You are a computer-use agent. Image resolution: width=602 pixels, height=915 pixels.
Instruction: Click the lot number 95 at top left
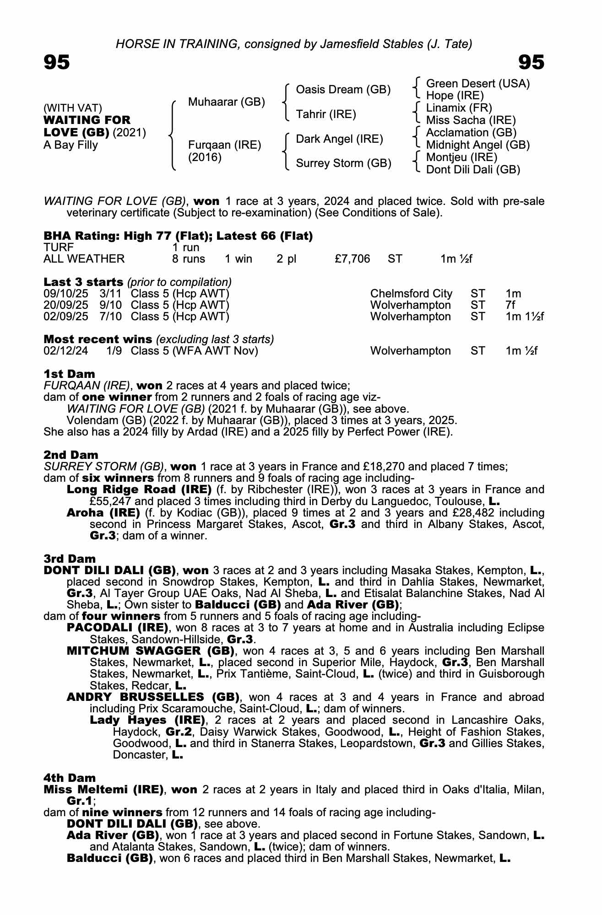[57, 62]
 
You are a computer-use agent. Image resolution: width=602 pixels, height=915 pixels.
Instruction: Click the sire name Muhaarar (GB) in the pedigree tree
[226, 102]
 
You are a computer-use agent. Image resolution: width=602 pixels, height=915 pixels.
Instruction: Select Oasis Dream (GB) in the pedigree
[343, 90]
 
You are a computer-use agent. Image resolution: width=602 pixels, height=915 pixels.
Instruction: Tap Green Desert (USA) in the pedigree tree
[477, 84]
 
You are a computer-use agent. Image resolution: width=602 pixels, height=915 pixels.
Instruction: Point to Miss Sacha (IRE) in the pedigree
[471, 120]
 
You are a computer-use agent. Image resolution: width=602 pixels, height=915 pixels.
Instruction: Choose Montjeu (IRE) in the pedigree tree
[461, 157]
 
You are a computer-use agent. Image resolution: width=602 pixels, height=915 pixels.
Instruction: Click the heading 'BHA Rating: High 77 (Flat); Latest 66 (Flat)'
[178, 236]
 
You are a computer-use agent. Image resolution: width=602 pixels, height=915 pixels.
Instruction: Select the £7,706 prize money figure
[352, 259]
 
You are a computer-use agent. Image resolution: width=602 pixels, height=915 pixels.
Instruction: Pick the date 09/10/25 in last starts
[66, 294]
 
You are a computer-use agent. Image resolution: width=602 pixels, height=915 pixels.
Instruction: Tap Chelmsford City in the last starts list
[411, 294]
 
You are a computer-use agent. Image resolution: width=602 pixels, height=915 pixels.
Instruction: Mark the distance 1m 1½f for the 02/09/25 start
[524, 317]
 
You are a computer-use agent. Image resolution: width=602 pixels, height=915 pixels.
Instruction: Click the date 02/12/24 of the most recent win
[66, 351]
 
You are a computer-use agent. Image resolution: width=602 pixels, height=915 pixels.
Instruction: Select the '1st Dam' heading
[69, 374]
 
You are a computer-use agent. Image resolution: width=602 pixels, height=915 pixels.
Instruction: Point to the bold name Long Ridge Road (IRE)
[139, 490]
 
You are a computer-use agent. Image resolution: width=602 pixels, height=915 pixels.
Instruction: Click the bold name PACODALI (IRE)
[117, 628]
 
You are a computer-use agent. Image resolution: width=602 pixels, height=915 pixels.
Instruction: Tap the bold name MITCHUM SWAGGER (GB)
[151, 651]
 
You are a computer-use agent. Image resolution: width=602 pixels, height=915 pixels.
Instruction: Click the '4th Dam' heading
[70, 778]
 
